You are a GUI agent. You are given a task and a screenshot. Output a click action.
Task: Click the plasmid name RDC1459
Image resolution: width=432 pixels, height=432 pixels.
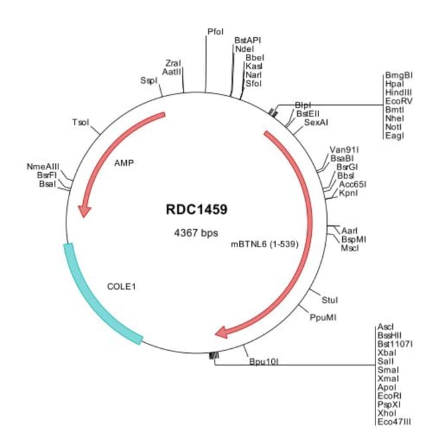(197, 209)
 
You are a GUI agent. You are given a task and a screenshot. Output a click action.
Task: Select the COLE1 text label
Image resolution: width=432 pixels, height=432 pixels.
(122, 287)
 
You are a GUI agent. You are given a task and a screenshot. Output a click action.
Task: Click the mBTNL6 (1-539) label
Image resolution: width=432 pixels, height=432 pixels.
(264, 244)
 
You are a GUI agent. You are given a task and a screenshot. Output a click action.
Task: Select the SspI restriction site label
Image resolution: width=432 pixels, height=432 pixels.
(149, 80)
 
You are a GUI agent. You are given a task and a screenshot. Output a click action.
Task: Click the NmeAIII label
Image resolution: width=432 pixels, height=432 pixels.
(43, 166)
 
